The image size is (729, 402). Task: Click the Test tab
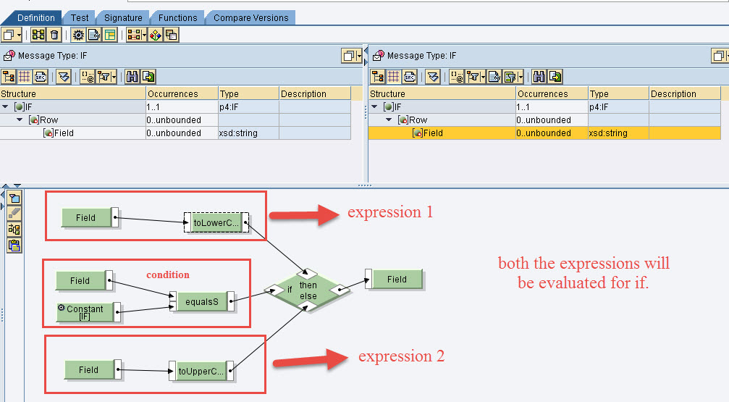pyautogui.click(x=80, y=17)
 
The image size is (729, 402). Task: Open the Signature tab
pyautogui.click(x=122, y=17)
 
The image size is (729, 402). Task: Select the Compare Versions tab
pyautogui.click(x=250, y=17)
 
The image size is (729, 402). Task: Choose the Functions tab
pyautogui.click(x=177, y=17)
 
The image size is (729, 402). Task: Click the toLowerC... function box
pyautogui.click(x=216, y=224)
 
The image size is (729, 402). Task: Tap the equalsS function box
pyautogui.click(x=201, y=301)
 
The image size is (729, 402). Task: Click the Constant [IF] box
pyautogui.click(x=85, y=312)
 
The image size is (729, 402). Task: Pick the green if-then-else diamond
pyautogui.click(x=308, y=290)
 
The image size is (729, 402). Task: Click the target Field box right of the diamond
pyautogui.click(x=396, y=280)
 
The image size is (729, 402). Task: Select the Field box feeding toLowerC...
pyautogui.click(x=86, y=217)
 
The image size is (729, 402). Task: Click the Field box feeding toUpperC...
pyautogui.click(x=89, y=369)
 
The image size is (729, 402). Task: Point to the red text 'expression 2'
pyautogui.click(x=401, y=356)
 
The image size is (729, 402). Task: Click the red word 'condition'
pyautogui.click(x=167, y=275)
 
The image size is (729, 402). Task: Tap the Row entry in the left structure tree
pyautogui.click(x=49, y=120)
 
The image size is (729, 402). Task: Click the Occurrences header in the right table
pyautogui.click(x=543, y=94)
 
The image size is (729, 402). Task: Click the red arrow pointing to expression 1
pyautogui.click(x=303, y=214)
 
